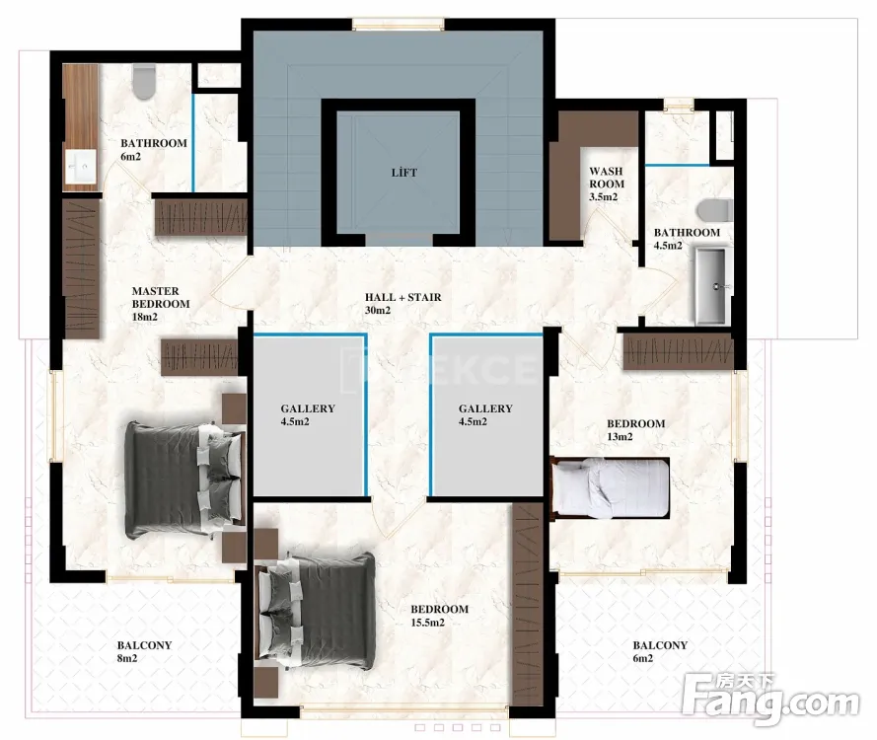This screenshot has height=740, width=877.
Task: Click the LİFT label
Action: (403, 173)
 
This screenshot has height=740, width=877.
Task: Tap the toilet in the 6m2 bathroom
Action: (144, 82)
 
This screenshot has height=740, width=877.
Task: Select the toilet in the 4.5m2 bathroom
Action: (715, 210)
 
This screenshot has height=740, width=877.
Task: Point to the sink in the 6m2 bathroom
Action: (81, 166)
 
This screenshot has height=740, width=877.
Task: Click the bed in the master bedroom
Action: (184, 480)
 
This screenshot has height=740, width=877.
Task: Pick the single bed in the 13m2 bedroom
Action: (610, 487)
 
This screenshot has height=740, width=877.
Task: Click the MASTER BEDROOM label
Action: (161, 298)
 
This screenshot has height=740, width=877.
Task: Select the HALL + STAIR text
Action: (403, 297)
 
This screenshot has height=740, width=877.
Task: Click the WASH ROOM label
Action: (607, 178)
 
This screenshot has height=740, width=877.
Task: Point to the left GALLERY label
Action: (308, 408)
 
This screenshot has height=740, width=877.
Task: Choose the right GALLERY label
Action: (485, 408)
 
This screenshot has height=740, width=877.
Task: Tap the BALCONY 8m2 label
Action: (144, 651)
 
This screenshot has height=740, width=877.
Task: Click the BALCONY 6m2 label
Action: (660, 651)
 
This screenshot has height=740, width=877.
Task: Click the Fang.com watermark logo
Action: (771, 697)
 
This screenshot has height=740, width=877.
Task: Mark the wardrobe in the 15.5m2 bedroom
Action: (528, 604)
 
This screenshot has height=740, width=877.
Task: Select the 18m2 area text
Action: (144, 317)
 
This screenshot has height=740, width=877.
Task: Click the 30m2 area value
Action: (378, 310)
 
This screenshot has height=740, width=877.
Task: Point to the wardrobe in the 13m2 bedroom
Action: (678, 351)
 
